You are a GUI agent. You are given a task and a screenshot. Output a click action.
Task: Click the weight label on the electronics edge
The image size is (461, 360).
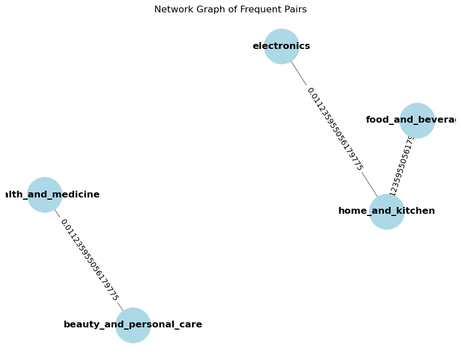tap(334, 129)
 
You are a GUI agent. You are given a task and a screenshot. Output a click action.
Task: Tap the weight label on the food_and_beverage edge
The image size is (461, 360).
tap(402, 165)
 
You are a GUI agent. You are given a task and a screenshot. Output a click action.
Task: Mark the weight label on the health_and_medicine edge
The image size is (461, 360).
tap(89, 260)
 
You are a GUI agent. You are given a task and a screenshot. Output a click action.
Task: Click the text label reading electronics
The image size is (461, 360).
tap(281, 46)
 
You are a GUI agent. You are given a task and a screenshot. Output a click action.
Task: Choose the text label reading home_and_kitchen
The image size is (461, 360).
tap(387, 211)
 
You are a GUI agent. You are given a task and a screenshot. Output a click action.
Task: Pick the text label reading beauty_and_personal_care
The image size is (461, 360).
tap(133, 325)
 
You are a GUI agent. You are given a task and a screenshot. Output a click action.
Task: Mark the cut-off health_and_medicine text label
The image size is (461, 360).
tap(50, 195)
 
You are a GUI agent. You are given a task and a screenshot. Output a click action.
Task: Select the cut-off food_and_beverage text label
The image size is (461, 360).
tap(411, 120)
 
